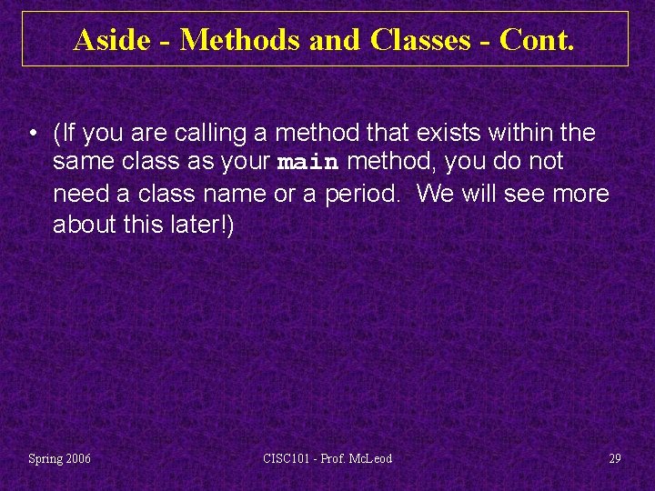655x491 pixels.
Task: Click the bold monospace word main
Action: pos(307,164)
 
